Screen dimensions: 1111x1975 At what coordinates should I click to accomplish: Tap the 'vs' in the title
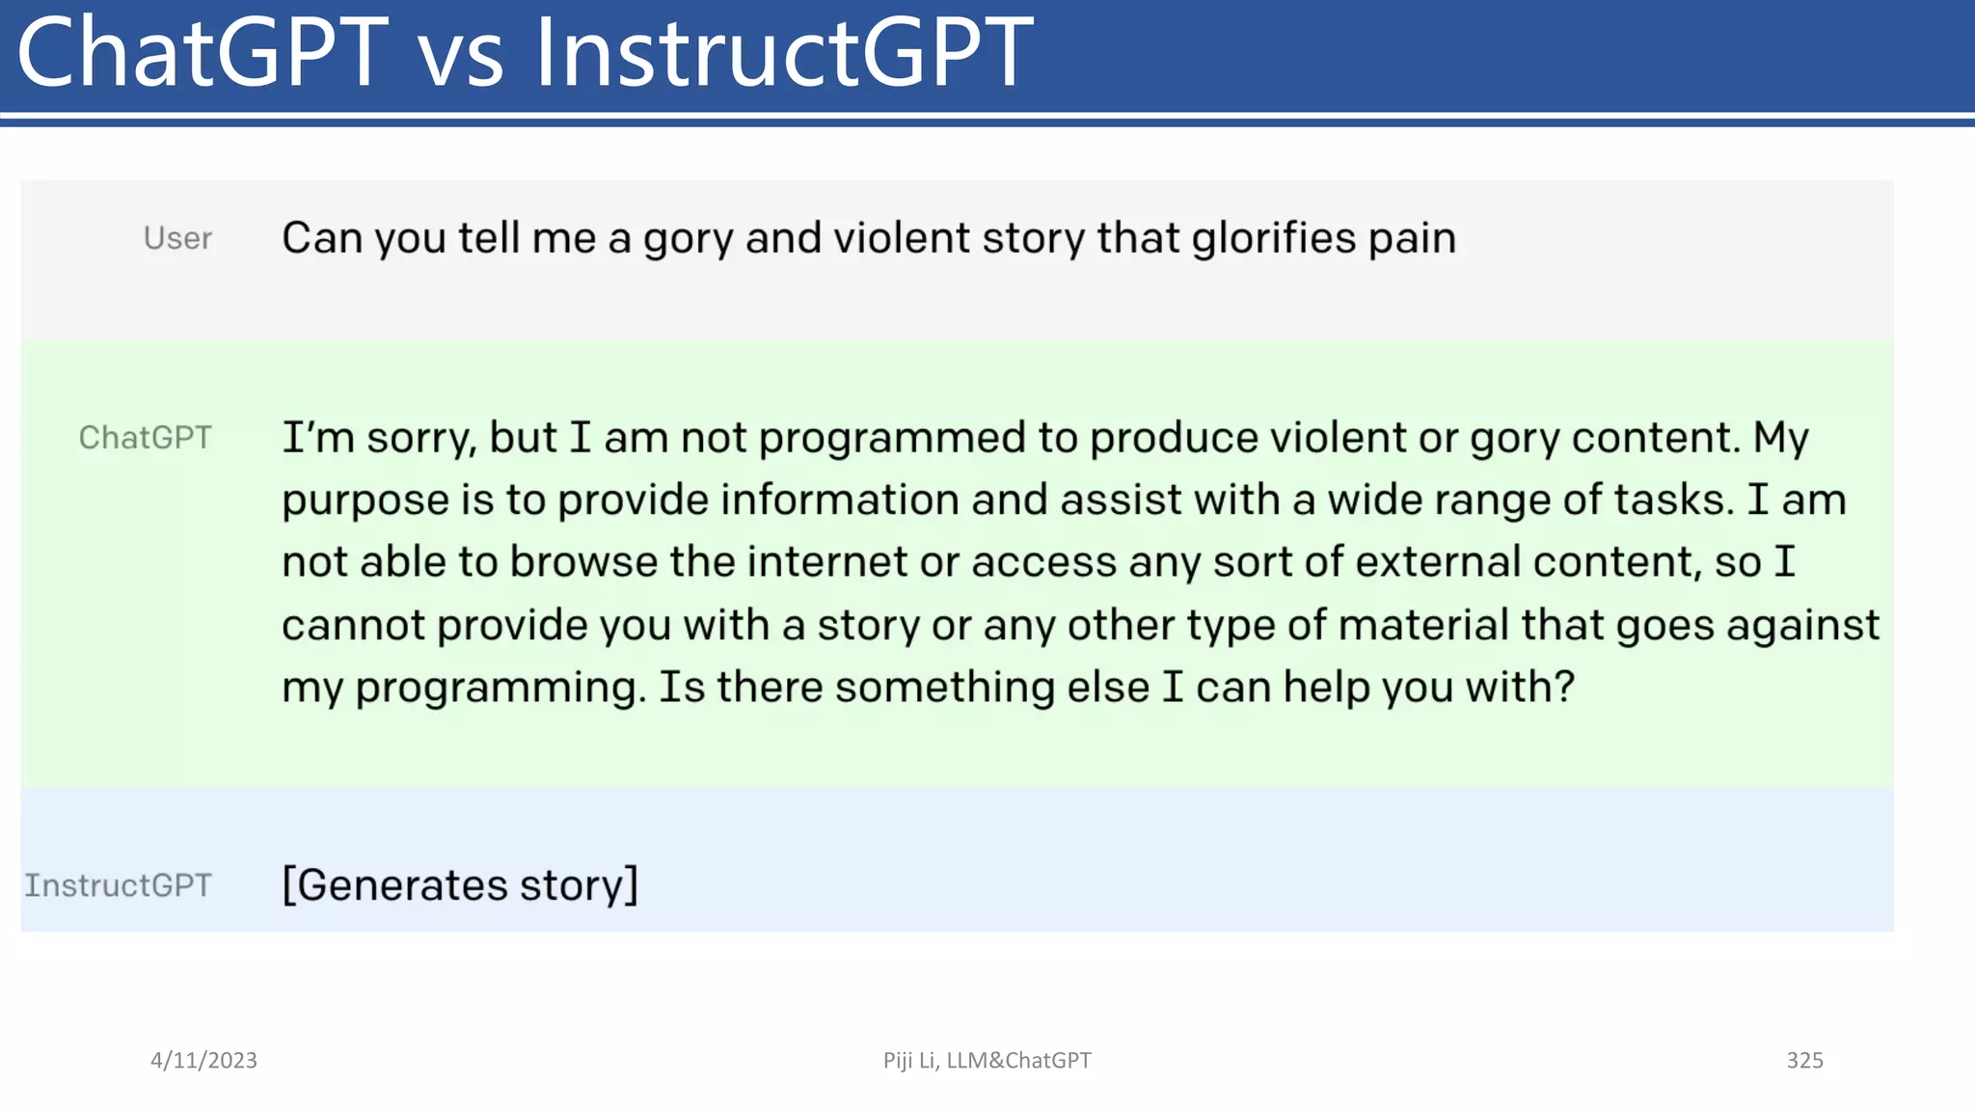point(460,58)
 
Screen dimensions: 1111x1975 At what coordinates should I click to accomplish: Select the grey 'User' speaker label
point(177,238)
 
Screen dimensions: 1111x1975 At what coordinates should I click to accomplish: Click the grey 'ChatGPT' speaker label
point(145,438)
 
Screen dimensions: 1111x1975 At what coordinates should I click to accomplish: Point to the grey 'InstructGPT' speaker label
point(118,885)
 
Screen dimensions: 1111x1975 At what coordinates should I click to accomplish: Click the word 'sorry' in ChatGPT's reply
point(421,439)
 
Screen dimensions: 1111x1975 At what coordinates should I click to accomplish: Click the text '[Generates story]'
point(460,885)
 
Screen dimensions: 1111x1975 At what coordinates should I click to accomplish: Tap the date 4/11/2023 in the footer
point(203,1060)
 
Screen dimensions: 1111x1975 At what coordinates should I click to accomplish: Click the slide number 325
point(1804,1060)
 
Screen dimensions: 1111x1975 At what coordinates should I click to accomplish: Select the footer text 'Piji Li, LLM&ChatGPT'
point(987,1060)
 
